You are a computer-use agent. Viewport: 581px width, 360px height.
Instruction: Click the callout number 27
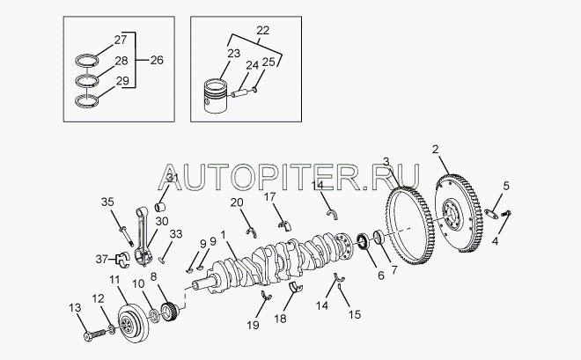(x=121, y=40)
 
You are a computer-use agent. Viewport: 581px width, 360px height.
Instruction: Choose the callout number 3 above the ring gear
(x=386, y=161)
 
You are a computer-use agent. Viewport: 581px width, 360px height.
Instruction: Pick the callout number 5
(x=506, y=185)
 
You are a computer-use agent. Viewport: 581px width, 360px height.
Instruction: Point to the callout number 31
(x=172, y=180)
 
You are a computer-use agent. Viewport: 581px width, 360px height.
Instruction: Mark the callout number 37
(x=103, y=258)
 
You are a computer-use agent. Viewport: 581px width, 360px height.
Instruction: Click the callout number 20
(x=238, y=203)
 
